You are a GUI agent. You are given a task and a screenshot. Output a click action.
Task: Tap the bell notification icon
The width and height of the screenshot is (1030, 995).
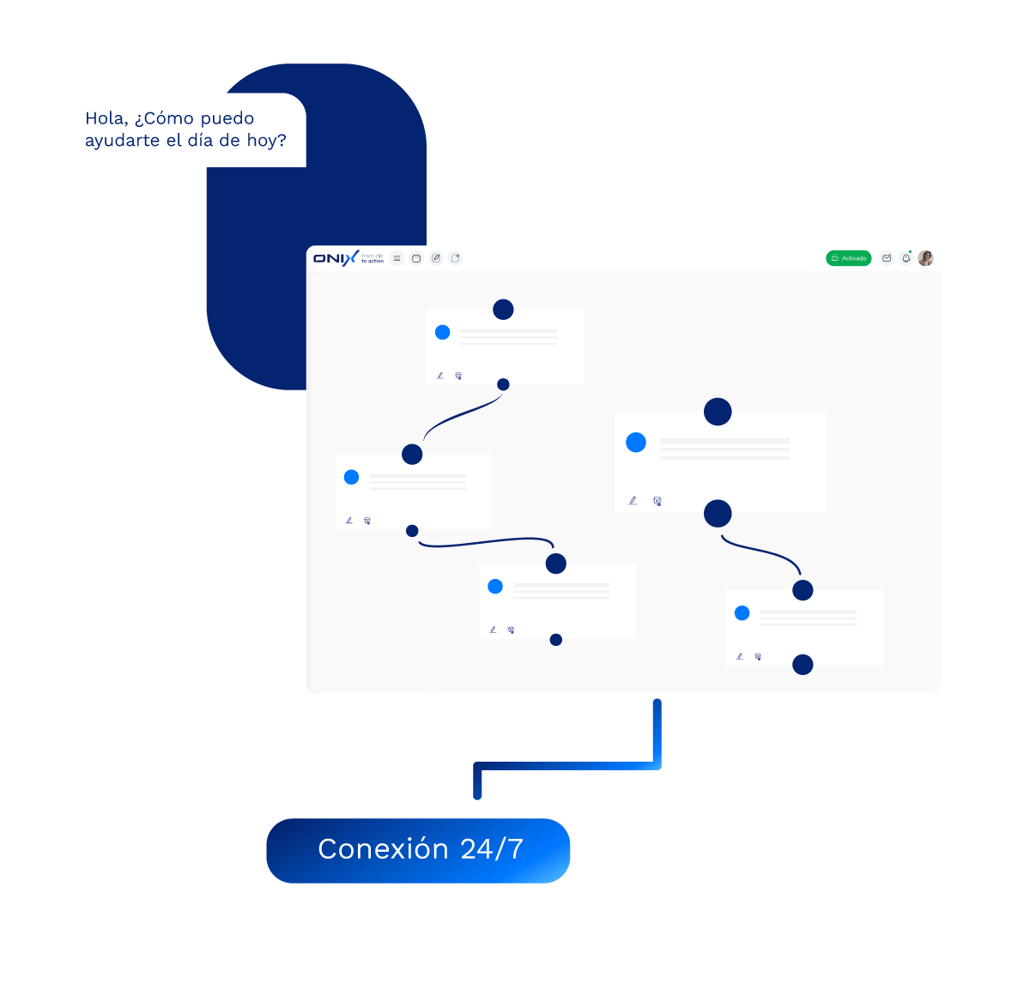point(906,258)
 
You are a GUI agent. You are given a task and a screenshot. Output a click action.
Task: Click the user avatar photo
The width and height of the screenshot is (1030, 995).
point(925,258)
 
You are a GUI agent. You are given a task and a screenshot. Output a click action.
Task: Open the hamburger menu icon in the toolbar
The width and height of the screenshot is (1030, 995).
point(397,258)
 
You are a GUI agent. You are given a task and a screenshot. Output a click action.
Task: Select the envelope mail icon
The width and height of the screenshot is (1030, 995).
point(887,258)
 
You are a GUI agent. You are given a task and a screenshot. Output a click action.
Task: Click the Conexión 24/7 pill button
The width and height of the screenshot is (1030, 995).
point(418,850)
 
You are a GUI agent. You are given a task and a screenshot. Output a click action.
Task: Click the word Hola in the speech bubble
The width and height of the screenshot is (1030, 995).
point(104,118)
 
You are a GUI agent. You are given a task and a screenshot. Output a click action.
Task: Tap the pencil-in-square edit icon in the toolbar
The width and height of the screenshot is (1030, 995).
point(436,258)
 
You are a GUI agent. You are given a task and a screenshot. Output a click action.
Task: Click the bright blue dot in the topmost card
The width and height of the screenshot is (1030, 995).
point(443,332)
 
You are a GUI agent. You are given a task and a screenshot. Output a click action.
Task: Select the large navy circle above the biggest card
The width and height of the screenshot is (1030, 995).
point(718,412)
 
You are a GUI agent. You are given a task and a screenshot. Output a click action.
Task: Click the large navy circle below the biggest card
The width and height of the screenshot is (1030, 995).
point(718,514)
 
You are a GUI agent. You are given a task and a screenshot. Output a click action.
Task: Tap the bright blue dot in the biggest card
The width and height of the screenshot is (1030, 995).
point(636,443)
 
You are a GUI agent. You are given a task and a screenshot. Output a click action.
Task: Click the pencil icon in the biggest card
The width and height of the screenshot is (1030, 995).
point(633,501)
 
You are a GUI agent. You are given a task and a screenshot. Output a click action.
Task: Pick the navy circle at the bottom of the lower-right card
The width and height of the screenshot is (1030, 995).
point(803,665)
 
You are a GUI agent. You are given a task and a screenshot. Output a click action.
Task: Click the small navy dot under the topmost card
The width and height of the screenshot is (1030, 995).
point(503,384)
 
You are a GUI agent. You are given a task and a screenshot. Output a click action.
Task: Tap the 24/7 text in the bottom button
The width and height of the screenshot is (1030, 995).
point(491,849)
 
